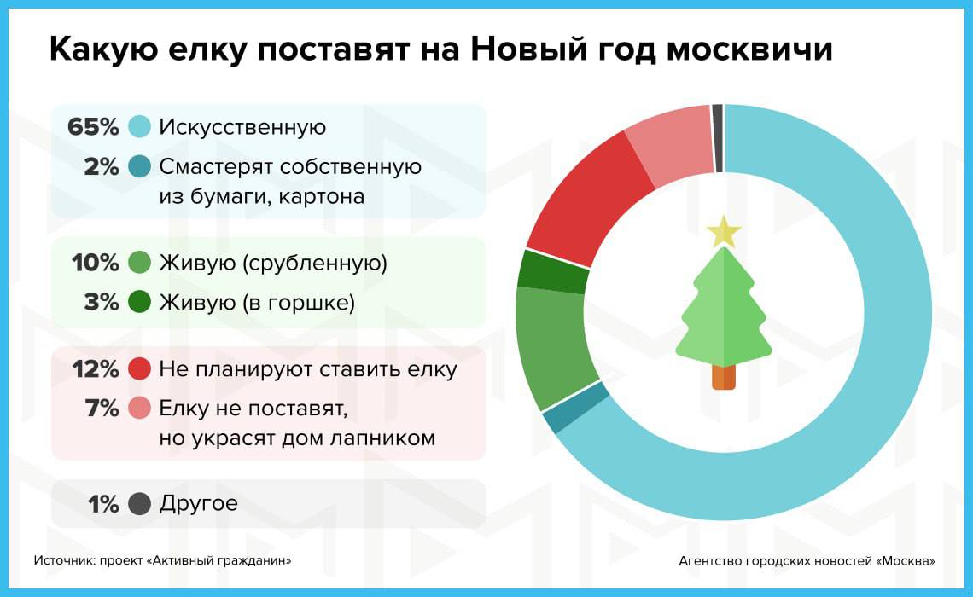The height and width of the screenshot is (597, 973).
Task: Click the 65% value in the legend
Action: click(x=93, y=126)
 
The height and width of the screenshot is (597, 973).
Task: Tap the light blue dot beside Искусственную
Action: click(x=140, y=126)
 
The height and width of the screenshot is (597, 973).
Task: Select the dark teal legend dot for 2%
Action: click(x=140, y=166)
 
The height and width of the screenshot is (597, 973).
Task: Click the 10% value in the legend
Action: click(x=95, y=263)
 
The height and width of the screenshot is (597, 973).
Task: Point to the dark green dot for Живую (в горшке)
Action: click(x=140, y=302)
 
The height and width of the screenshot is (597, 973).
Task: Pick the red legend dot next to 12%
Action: click(x=140, y=369)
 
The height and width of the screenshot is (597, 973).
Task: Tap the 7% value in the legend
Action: click(x=102, y=409)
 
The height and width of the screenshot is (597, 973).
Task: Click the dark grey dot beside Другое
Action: click(x=140, y=503)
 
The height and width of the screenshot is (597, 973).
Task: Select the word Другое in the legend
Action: click(x=198, y=503)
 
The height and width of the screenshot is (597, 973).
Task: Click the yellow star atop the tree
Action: click(x=724, y=233)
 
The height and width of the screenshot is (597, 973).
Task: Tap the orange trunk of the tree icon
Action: click(x=724, y=377)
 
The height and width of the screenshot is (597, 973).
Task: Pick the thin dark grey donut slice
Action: click(x=717, y=138)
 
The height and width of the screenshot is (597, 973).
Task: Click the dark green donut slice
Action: click(x=551, y=271)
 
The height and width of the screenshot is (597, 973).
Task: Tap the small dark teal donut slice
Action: click(x=575, y=408)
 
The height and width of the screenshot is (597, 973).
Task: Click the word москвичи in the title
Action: click(x=749, y=49)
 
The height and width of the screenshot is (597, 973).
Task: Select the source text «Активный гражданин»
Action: click(x=218, y=560)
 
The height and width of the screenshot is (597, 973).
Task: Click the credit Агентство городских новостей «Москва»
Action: click(x=807, y=561)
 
